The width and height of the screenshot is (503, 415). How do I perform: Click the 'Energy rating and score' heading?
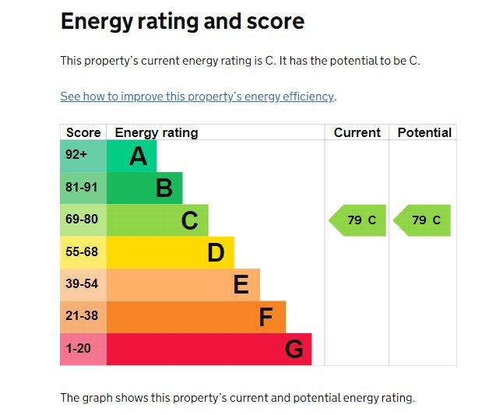[182, 22]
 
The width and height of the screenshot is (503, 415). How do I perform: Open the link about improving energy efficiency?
[197, 97]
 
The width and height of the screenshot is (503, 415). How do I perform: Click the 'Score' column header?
[83, 132]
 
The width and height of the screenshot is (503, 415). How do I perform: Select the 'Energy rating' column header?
[157, 133]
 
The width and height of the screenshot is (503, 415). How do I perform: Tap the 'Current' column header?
[357, 132]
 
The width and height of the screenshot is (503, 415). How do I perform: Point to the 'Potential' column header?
[424, 132]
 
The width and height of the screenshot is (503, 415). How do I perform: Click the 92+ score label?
[76, 155]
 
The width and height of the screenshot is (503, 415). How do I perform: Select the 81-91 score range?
[82, 187]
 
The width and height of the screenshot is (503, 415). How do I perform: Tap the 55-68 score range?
[82, 251]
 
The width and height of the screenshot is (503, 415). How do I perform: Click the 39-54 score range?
[82, 283]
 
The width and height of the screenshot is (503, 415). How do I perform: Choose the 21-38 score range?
[82, 315]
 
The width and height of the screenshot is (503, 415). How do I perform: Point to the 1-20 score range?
[79, 348]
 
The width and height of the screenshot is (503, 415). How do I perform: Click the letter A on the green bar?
[139, 157]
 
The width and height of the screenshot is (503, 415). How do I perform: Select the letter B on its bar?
[164, 188]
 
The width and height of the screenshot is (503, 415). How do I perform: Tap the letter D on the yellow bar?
[216, 252]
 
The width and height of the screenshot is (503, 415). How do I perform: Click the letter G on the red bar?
[294, 349]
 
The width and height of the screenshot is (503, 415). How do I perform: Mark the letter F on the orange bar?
[266, 317]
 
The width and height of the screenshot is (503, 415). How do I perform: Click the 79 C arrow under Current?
[357, 220]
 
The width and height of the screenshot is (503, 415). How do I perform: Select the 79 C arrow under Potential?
[422, 220]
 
